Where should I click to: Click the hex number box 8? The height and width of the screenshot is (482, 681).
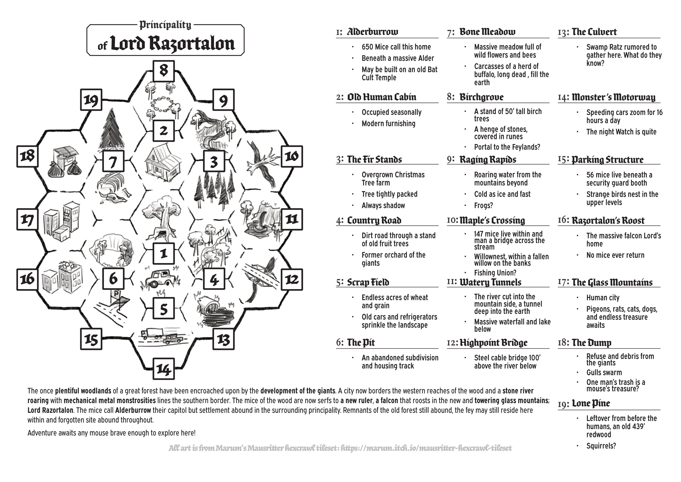164,71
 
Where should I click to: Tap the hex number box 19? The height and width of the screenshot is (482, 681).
91,99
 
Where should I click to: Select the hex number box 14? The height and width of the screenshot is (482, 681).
164,369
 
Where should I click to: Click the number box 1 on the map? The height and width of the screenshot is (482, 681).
164,253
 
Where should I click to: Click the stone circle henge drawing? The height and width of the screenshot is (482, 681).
162,104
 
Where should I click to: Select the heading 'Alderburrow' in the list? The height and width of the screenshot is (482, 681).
373,32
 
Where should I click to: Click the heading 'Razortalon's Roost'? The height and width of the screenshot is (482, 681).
608,221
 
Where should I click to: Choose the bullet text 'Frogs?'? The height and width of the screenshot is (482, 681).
483,205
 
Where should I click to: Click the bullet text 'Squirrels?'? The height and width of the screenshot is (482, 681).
601,446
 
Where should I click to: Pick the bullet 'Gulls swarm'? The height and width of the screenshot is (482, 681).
604,372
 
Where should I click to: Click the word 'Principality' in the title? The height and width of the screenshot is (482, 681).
165,25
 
